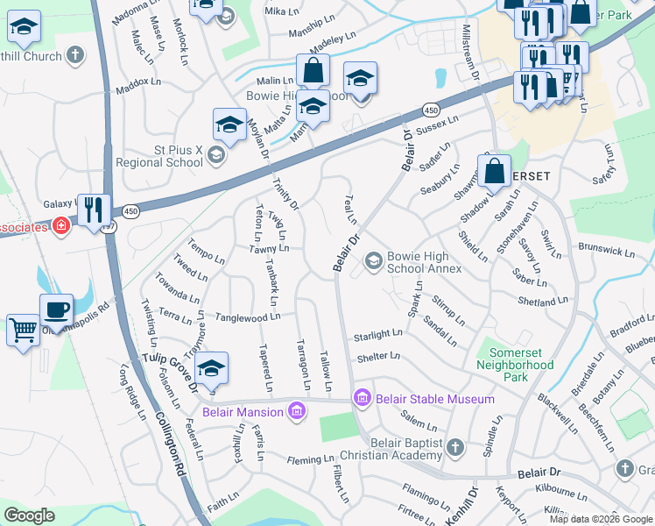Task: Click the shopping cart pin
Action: (23, 331)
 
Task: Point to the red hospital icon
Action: (60, 227)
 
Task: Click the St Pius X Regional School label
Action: (159, 156)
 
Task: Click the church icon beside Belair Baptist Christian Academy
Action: (454, 448)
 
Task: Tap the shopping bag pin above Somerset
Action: (494, 171)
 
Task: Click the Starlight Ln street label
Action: (377, 335)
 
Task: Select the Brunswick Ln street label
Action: (606, 252)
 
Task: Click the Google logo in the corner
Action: (30, 515)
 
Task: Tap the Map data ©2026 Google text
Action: (601, 519)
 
